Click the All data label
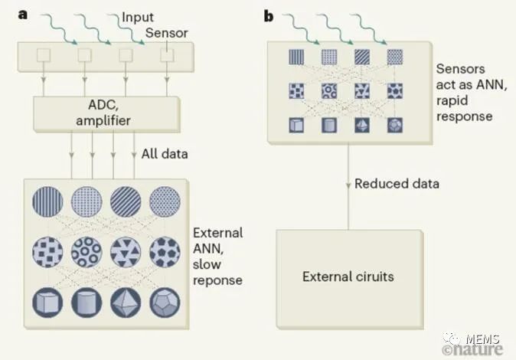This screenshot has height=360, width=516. [164, 154]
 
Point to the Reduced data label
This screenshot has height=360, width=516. [397, 184]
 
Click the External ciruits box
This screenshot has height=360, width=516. [349, 277]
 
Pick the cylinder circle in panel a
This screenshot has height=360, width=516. [87, 299]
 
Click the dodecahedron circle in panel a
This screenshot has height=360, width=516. [165, 299]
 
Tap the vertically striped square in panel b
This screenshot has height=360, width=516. [296, 56]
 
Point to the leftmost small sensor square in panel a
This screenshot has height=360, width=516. [44, 55]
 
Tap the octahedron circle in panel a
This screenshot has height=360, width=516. [126, 299]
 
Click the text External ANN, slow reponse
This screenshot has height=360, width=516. [218, 256]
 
